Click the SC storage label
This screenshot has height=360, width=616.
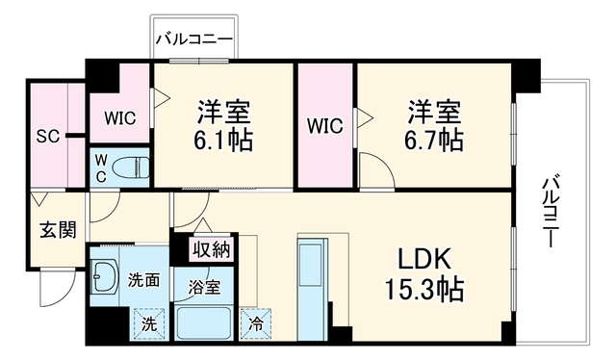point(48,137)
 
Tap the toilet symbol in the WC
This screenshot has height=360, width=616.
point(131,167)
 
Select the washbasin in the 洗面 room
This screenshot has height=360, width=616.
point(104,276)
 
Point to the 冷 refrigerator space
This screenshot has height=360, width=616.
point(256,323)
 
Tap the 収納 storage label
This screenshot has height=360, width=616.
point(212,248)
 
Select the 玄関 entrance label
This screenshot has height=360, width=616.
point(58,230)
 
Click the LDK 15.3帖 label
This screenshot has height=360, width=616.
point(424,274)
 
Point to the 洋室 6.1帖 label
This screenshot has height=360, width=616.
point(223,125)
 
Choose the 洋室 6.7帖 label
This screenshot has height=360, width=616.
point(434,125)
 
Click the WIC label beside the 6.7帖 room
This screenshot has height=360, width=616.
point(325,126)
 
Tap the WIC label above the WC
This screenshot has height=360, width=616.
point(119,117)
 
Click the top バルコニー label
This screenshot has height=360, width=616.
point(194,39)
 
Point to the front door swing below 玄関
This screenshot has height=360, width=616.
point(58,289)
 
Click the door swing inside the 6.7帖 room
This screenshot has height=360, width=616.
point(376,170)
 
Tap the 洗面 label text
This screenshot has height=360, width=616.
point(144,281)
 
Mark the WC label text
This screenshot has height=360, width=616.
point(101,168)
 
